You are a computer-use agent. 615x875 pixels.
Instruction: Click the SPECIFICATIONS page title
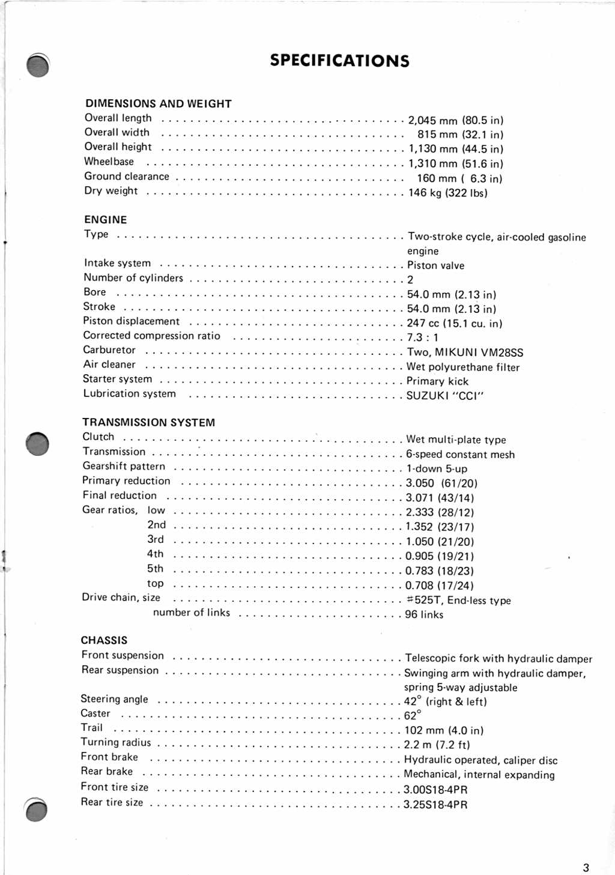click(x=339, y=61)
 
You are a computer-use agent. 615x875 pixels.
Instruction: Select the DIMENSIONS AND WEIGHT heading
click(x=159, y=103)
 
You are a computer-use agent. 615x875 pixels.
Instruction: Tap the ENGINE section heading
click(x=106, y=220)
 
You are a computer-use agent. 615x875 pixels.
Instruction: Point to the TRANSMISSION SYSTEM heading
click(x=148, y=423)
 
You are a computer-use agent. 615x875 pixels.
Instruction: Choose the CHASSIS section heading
click(x=104, y=640)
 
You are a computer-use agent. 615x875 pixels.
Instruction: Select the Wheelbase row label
click(x=109, y=162)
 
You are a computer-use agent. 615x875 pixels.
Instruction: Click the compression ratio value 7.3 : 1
click(x=422, y=338)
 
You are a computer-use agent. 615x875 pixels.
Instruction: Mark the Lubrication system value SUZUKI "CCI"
click(x=445, y=396)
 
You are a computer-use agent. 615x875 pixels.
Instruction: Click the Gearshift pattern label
click(x=124, y=466)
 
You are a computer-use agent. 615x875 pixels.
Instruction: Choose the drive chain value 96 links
click(x=424, y=614)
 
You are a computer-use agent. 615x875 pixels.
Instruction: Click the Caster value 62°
click(x=413, y=715)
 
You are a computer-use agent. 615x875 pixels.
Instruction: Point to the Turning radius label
click(x=116, y=742)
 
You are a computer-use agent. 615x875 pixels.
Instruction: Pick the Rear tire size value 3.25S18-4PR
click(x=435, y=805)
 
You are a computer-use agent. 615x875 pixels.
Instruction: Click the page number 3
click(x=586, y=867)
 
